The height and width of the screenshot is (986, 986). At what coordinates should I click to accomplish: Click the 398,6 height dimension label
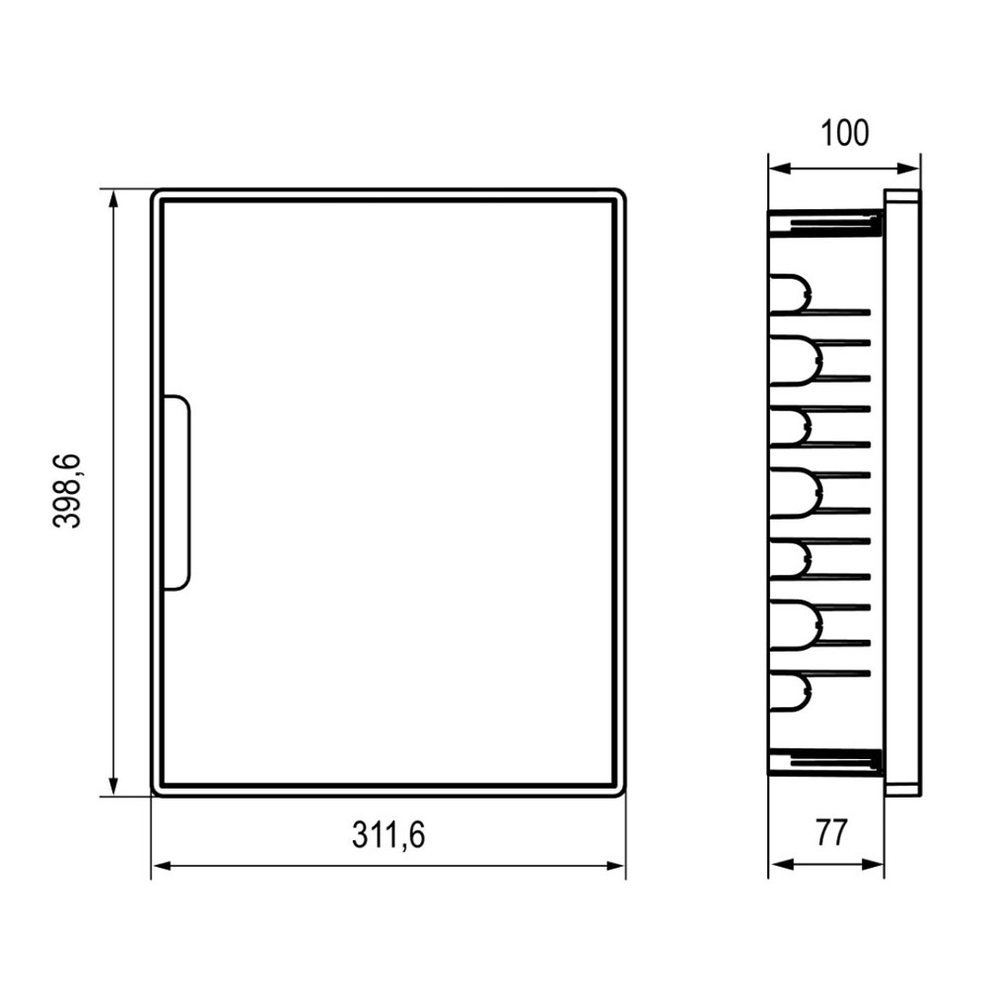pos(67,490)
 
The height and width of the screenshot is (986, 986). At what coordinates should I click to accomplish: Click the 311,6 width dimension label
pos(387,835)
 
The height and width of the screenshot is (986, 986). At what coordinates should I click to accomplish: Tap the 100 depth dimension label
pos(845,133)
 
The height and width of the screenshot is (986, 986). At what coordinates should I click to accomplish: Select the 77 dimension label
pos(831,832)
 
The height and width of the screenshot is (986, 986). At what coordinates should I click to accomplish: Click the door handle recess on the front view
pos(177,492)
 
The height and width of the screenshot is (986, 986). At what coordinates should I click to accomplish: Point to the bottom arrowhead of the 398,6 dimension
pos(113,787)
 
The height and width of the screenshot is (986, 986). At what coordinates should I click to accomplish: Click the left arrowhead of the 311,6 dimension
pos(162,866)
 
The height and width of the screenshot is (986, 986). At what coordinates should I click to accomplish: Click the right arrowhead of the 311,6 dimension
pos(615,866)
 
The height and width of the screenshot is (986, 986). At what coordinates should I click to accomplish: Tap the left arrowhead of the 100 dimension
pos(779,168)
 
